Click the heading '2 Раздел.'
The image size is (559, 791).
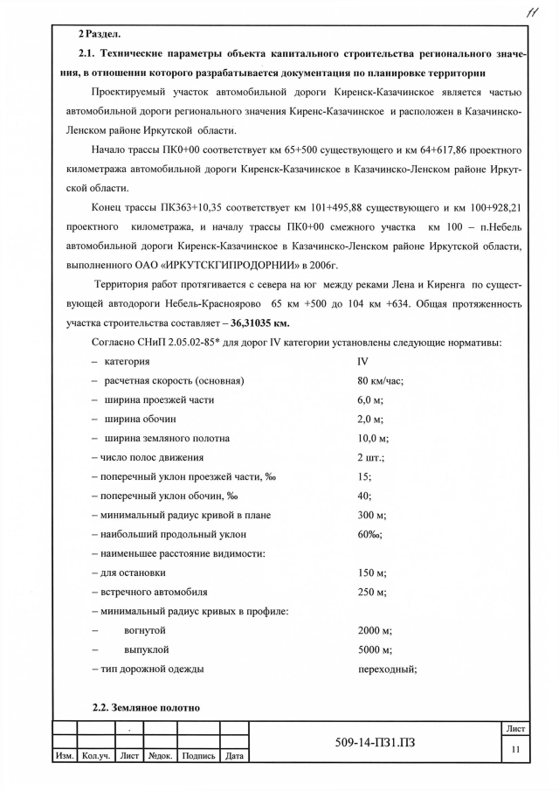point(100,33)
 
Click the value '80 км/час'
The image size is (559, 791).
point(380,381)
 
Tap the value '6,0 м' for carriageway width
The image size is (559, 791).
point(371,400)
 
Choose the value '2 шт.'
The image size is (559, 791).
point(371,457)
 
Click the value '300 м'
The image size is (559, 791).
point(371,515)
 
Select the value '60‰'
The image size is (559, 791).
point(369,534)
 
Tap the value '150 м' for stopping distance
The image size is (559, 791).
point(371,573)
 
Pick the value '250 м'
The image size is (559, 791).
point(371,592)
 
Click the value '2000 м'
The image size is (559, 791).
point(375,630)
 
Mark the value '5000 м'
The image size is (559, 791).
point(375,649)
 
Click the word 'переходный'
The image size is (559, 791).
point(387,669)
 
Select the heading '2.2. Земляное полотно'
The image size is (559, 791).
point(147,707)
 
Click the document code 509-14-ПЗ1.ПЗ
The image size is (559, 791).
point(376,744)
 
